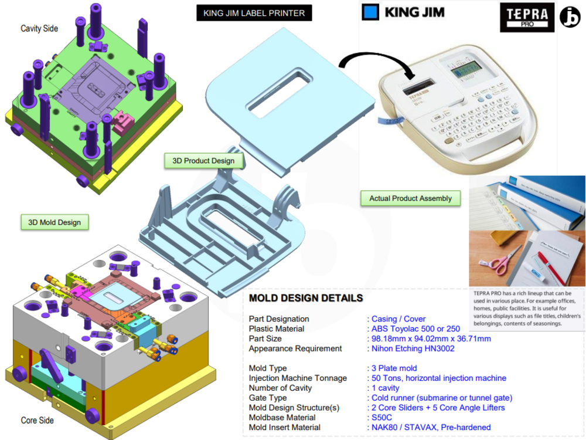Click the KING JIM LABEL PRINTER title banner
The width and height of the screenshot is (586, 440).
tap(254, 13)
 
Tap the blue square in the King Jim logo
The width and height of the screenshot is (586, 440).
tap(370, 12)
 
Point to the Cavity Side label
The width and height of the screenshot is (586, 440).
tap(39, 28)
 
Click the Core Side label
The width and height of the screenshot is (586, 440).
tap(37, 421)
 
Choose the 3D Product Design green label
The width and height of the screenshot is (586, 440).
tap(203, 161)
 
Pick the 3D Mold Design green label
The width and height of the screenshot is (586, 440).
tap(54, 222)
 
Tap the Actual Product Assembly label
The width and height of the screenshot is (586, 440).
tap(410, 198)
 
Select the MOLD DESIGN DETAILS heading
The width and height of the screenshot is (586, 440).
tap(306, 298)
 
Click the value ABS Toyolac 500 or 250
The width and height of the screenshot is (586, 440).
tap(415, 329)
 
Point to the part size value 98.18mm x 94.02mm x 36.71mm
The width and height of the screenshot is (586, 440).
tap(431, 339)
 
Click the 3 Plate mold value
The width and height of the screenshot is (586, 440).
tap(394, 368)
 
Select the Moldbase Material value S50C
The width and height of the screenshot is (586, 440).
tap(383, 418)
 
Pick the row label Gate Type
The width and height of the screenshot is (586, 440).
tap(268, 398)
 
